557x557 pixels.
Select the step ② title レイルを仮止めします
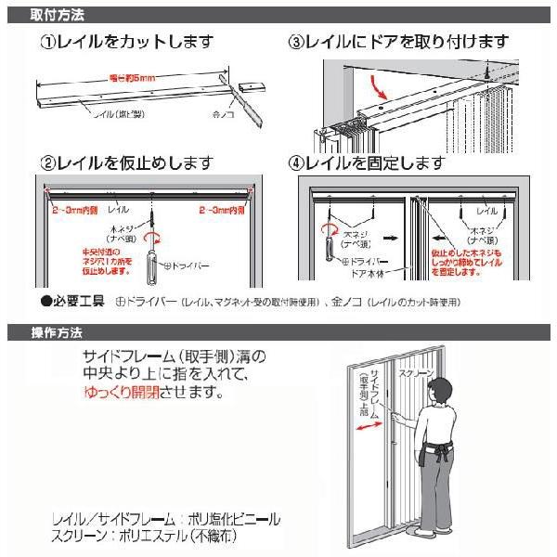click(139, 163)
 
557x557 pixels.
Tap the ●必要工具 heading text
click(76, 303)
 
